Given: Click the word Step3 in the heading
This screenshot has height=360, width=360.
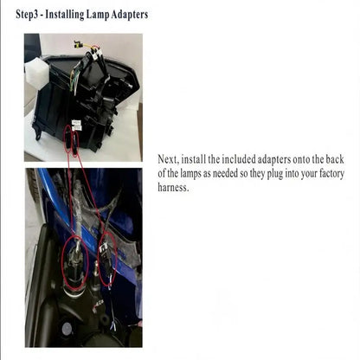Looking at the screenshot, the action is pyautogui.click(x=27, y=15).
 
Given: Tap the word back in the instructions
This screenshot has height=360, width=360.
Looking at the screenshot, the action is pyautogui.click(x=335, y=159).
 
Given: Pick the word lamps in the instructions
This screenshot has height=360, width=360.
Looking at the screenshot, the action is pyautogui.click(x=190, y=174).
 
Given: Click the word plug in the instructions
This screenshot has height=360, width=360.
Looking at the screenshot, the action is pyautogui.click(x=274, y=174).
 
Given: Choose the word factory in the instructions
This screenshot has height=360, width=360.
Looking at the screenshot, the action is pyautogui.click(x=332, y=174).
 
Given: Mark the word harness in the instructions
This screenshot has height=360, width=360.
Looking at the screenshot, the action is pyautogui.click(x=173, y=188).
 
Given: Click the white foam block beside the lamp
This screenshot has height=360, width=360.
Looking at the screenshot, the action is pyautogui.click(x=36, y=72).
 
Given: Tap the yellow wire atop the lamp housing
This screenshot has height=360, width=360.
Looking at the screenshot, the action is pyautogui.click(x=89, y=46).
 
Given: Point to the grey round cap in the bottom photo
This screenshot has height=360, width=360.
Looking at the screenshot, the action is pyautogui.click(x=67, y=328).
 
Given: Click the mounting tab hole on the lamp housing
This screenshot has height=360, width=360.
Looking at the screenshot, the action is pyautogui.click(x=37, y=132).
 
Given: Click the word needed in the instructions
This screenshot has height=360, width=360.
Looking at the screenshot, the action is pyautogui.click(x=226, y=174).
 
